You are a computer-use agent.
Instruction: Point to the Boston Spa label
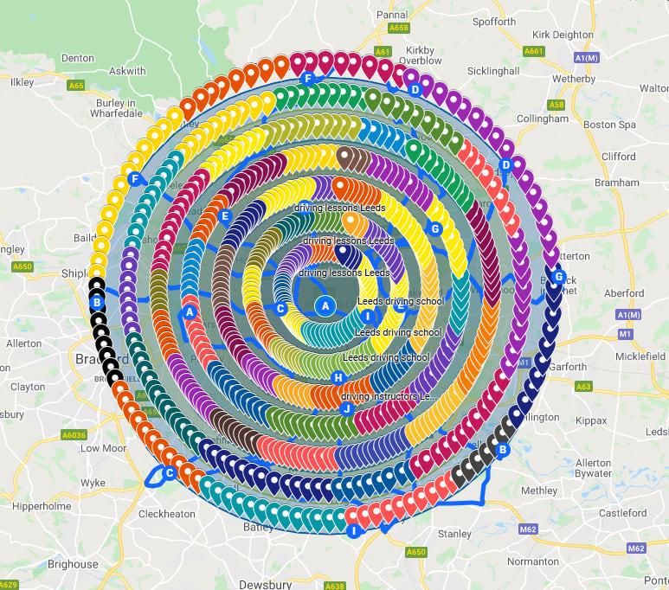pyautogui.click(x=609, y=125)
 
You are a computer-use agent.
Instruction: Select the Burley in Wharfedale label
pyautogui.click(x=114, y=106)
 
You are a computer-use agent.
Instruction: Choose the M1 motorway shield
pyautogui.click(x=626, y=332)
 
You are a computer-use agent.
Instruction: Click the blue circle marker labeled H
pyautogui.click(x=338, y=378)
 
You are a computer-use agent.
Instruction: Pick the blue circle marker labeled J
pyautogui.click(x=346, y=408)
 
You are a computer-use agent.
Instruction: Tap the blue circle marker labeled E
pyautogui.click(x=225, y=216)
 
